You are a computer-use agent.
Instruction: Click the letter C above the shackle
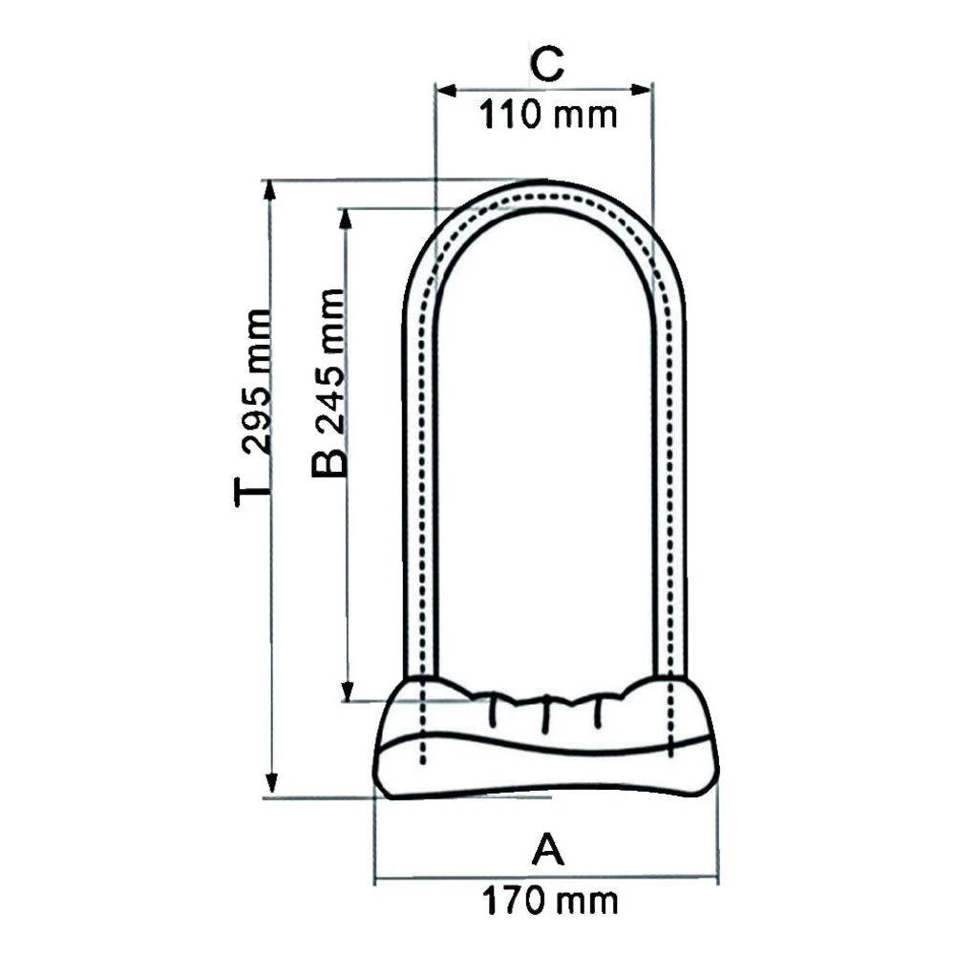point(546,66)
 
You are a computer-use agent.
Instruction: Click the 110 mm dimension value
point(547,117)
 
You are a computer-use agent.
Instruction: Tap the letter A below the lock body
point(547,850)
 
